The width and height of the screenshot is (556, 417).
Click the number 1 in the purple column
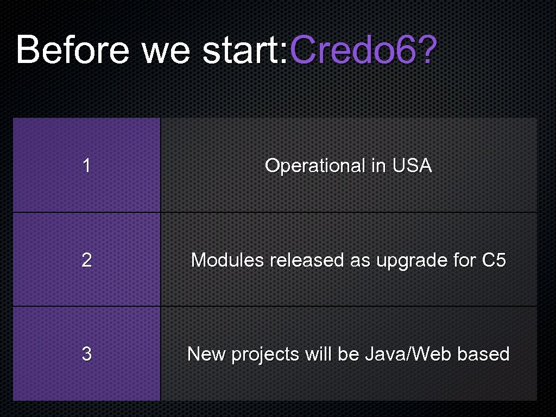86,166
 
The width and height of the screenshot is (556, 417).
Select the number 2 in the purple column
86,260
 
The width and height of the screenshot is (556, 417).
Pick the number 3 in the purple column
86,354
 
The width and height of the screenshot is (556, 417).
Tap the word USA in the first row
411,166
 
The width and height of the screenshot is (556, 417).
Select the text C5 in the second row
494,260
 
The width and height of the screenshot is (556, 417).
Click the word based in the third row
483,354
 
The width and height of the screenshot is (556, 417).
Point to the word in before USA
378,166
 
